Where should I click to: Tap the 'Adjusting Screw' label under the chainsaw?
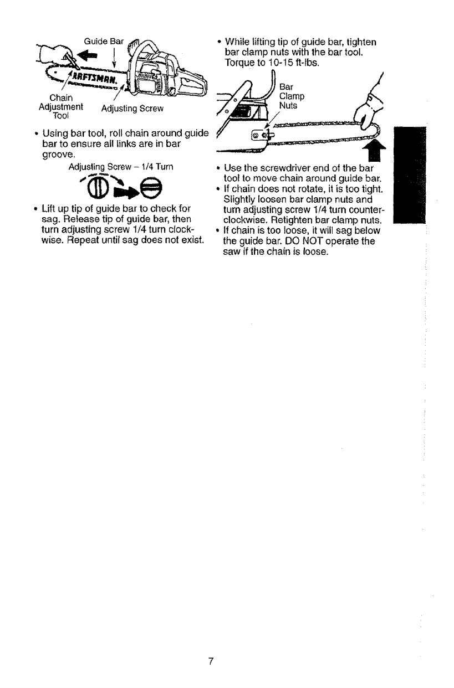coord(131,109)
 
